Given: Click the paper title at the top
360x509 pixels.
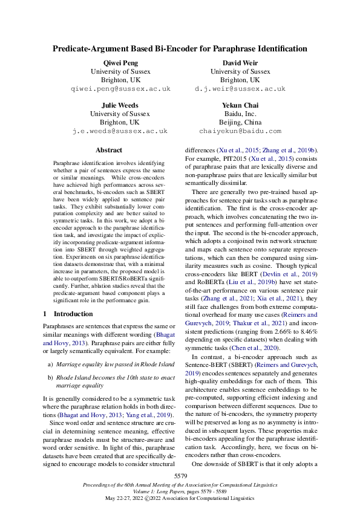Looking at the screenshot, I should tap(180, 48).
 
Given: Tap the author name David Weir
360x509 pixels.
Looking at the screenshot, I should tap(240, 63).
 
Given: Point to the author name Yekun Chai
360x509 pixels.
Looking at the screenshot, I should tap(240, 105).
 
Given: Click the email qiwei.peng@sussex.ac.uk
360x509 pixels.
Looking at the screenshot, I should tap(120, 88).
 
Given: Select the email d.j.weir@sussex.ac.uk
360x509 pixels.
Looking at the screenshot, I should tap(240, 88).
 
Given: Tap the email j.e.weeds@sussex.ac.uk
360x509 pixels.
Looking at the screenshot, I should tap(120, 131).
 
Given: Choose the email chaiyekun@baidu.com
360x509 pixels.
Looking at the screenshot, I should tap(240, 131).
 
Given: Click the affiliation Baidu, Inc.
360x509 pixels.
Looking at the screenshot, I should tap(240, 114).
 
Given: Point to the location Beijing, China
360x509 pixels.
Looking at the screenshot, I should tap(240, 122).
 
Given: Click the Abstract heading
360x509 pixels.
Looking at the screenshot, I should tap(109, 150).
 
